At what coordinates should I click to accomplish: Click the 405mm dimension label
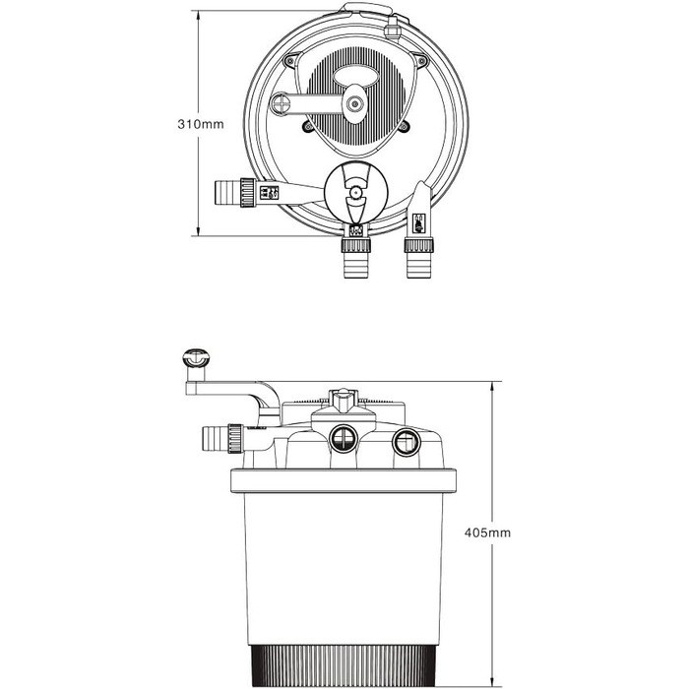tap(487, 532)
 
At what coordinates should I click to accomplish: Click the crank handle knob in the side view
tap(196, 358)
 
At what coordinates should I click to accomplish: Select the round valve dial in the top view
tap(354, 193)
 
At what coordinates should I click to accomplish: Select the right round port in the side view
tap(406, 442)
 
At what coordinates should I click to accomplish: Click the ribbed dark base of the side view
tap(344, 664)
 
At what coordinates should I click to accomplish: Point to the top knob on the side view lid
tap(343, 400)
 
